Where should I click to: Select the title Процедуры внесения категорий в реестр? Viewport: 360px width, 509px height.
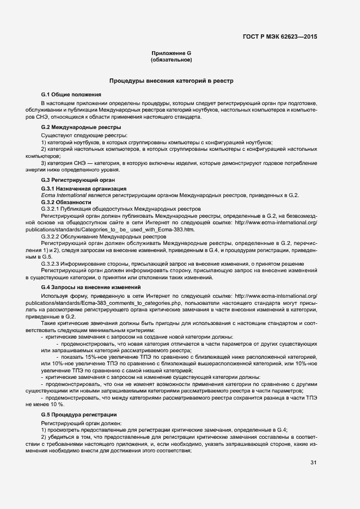171,81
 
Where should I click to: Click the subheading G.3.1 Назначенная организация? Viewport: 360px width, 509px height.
76,188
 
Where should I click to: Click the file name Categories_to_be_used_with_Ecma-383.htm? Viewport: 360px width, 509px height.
125,229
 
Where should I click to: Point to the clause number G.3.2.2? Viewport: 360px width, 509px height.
53,236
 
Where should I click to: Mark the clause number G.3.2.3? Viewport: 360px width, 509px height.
53,263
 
